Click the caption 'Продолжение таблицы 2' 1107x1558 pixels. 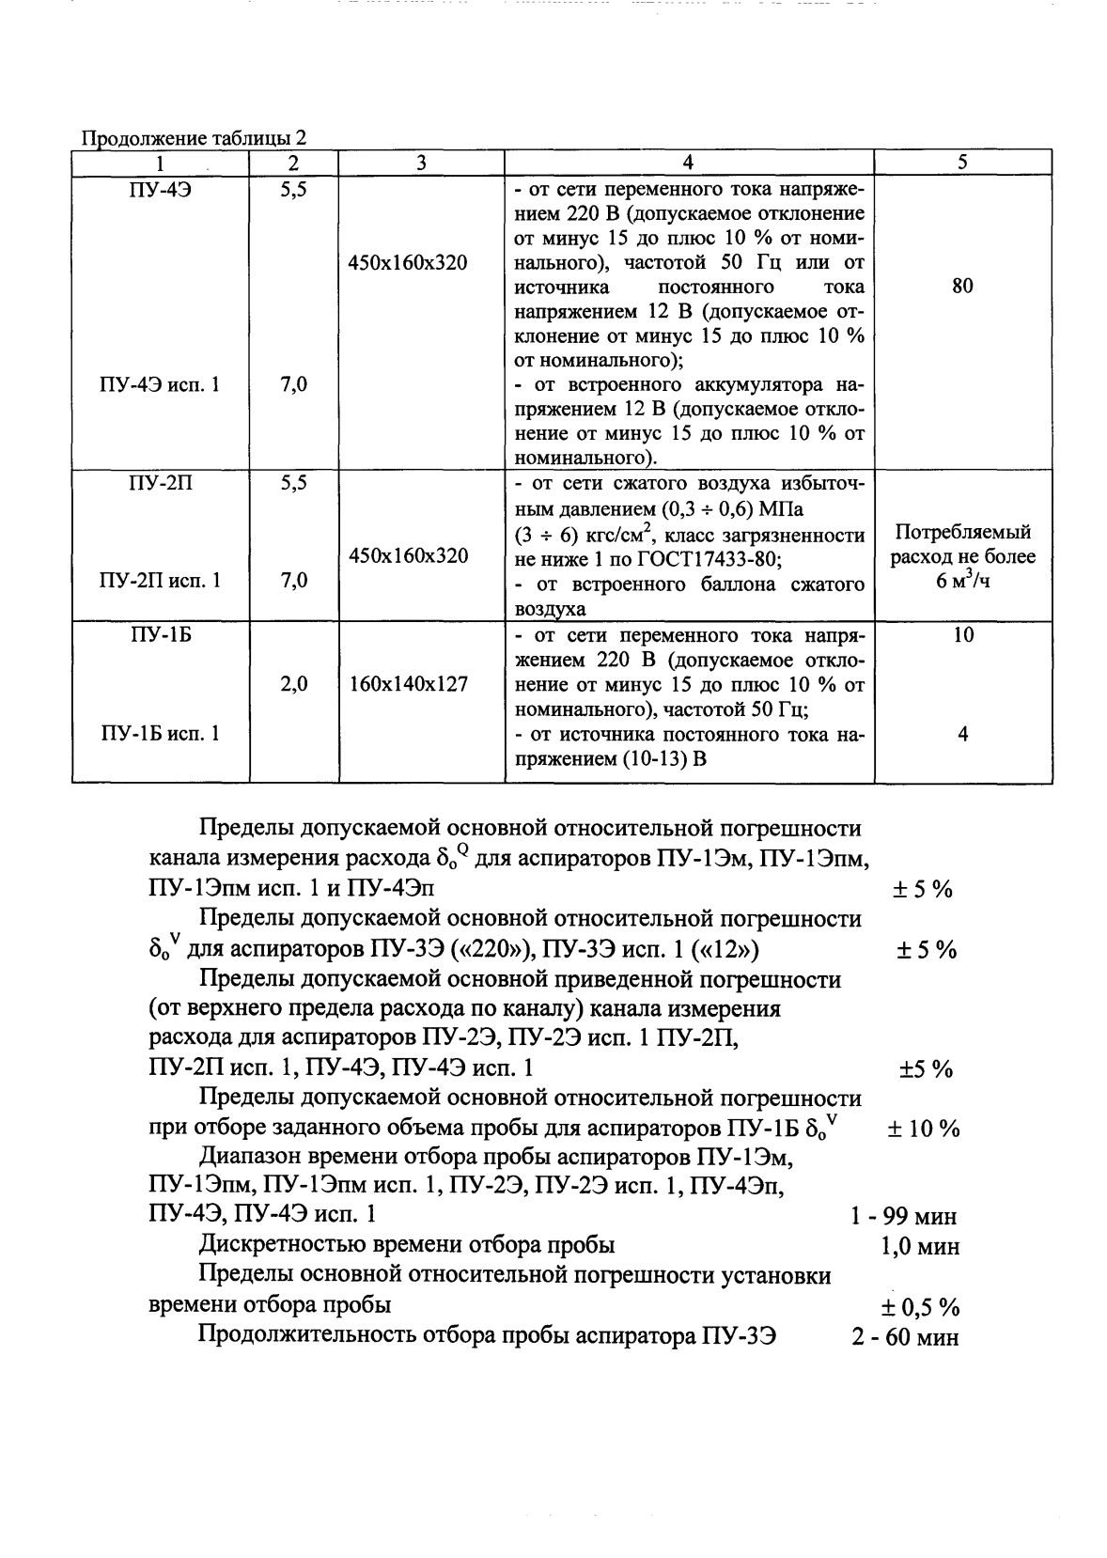pos(195,138)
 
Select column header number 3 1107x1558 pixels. pos(421,162)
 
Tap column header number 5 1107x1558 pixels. pos(962,162)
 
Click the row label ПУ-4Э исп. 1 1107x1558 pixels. pos(160,384)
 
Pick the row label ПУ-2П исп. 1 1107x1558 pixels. pos(160,581)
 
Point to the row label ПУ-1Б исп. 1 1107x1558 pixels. pos(160,734)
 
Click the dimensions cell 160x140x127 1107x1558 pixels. pos(408,684)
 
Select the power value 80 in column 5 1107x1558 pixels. pos(962,287)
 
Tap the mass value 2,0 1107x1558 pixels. pos(294,684)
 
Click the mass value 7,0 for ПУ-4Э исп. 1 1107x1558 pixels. pos(294,384)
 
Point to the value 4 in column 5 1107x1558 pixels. pos(962,734)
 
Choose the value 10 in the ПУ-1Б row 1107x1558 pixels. pos(962,635)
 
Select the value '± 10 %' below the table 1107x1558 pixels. pos(924,1130)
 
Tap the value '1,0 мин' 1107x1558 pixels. pos(920,1247)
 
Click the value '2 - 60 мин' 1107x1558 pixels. pos(905,1337)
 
